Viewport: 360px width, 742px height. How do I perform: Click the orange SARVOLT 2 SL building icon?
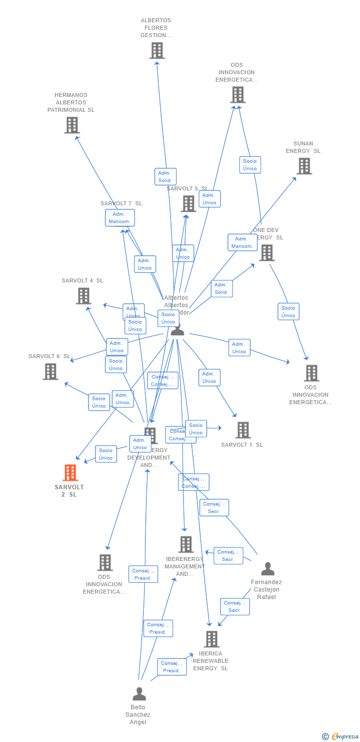(70, 473)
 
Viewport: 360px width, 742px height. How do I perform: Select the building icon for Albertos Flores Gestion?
(157, 50)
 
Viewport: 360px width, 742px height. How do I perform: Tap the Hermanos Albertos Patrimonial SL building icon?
(72, 125)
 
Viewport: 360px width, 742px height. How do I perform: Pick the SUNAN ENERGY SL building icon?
(304, 166)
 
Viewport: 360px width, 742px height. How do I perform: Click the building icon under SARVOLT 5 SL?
(188, 203)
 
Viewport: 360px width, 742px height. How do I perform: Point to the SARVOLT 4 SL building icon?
(84, 296)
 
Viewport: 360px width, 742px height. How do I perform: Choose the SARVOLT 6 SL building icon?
(50, 371)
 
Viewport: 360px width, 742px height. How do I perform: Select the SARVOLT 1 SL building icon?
(243, 430)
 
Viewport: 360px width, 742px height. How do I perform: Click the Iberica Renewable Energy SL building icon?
(212, 639)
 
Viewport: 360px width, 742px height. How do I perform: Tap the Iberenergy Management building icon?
(186, 544)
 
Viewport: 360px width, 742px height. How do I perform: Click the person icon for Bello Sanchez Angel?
(139, 694)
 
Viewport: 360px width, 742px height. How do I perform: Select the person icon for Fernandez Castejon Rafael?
(268, 569)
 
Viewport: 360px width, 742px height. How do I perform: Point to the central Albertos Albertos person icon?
(177, 329)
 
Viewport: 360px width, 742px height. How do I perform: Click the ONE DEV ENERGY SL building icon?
(267, 253)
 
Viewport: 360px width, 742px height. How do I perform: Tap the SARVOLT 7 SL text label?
(121, 203)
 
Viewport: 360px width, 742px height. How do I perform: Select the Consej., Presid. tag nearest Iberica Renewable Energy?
(172, 667)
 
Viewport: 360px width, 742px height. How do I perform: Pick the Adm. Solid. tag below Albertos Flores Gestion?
(165, 177)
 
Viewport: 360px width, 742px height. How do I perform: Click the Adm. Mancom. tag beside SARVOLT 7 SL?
(120, 218)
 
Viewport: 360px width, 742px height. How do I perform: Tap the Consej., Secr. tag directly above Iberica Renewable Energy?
(234, 606)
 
